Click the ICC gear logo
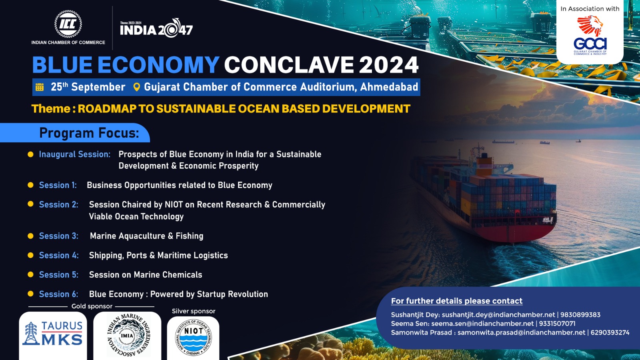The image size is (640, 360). pyautogui.click(x=68, y=24)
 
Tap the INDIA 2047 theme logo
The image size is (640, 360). pyautogui.click(x=156, y=28)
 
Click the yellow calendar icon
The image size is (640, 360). pyautogui.click(x=40, y=87)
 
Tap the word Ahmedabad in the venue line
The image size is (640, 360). pyautogui.click(x=389, y=87)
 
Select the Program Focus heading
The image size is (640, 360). pyautogui.click(x=89, y=133)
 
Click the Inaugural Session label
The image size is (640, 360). pyautogui.click(x=74, y=154)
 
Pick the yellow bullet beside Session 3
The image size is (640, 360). pyautogui.click(x=30, y=236)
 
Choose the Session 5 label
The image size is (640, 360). pyautogui.click(x=58, y=274)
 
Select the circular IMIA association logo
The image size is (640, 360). pyautogui.click(x=128, y=335)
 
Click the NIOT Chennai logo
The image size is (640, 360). pyautogui.click(x=194, y=338)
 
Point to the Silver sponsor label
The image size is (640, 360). pyautogui.click(x=194, y=311)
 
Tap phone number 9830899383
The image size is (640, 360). pyautogui.click(x=580, y=315)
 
